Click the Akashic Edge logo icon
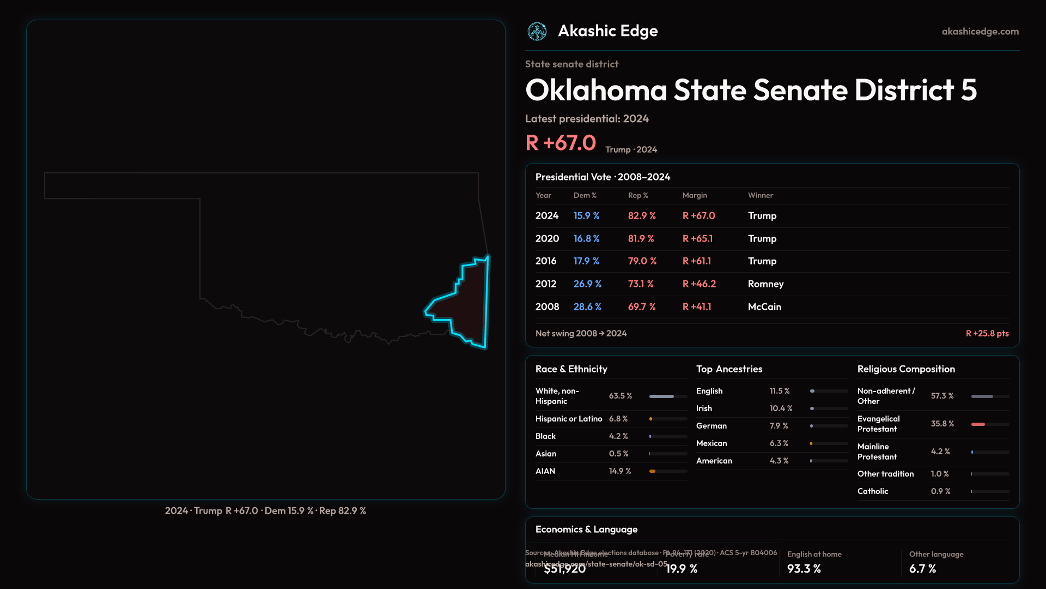537,32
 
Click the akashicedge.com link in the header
980,32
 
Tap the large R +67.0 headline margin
561,143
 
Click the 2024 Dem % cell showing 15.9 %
586,216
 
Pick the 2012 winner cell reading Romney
765,284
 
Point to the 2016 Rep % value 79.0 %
642,261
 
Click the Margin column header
695,195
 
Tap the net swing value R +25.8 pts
987,333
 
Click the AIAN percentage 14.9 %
620,471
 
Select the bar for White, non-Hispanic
661,396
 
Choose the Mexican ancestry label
711,443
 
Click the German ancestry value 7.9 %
779,426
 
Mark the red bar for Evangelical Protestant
978,424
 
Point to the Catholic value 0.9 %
941,491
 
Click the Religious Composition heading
906,369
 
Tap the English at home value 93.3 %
804,569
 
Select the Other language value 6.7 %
922,569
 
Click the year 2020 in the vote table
547,239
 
